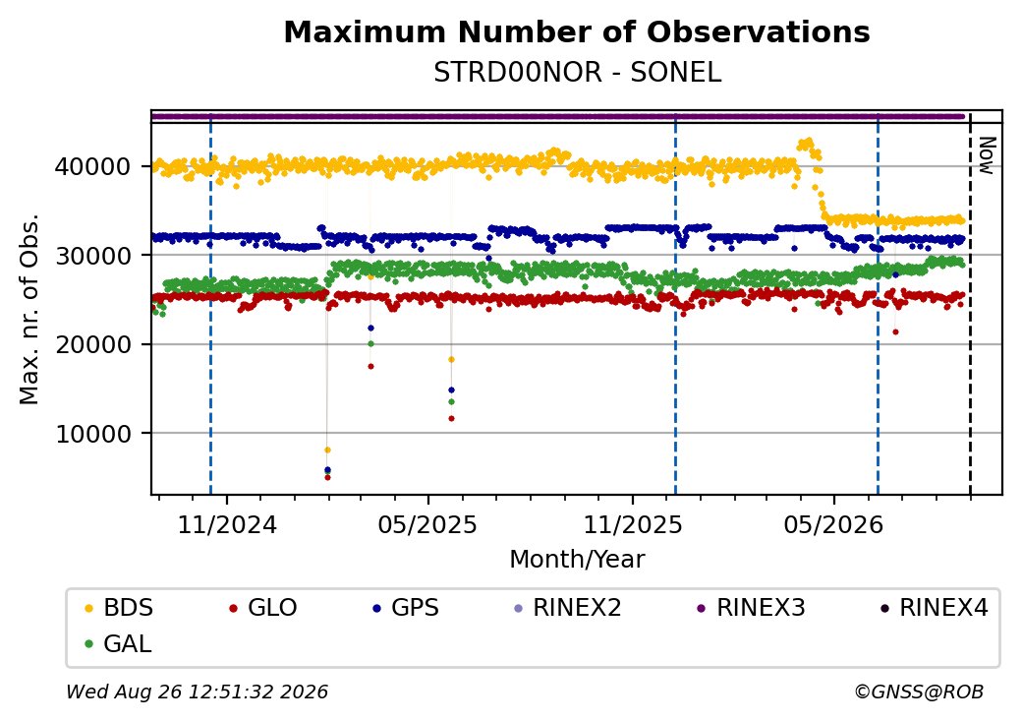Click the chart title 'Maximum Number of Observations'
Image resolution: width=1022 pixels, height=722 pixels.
pos(577,31)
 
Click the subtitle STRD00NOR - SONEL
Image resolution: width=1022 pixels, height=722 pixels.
pos(578,73)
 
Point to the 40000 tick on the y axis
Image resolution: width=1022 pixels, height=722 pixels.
pos(92,166)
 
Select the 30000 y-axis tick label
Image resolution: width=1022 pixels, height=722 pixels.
pos(92,256)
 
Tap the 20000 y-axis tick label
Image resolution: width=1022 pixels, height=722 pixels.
pos(92,344)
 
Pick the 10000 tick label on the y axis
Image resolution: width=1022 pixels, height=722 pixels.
pos(92,434)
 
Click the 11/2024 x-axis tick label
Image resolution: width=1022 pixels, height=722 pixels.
pos(227,524)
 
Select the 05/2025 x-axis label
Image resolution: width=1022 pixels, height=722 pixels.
pos(427,524)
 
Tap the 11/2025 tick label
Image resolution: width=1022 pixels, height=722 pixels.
pos(632,524)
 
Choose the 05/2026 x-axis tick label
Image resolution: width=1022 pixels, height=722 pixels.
pos(833,524)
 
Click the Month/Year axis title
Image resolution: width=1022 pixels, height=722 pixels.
pos(577,559)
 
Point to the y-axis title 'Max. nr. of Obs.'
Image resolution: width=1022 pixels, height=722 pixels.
pos(29,309)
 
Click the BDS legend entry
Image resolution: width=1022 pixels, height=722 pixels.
pos(120,608)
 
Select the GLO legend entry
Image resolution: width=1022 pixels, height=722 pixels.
pos(263,608)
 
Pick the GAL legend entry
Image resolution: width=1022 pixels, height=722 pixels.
pos(119,643)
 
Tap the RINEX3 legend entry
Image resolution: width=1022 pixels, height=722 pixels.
pos(751,608)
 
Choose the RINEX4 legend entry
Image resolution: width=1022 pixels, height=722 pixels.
pos(934,608)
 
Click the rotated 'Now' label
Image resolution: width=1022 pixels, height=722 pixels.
pos(987,155)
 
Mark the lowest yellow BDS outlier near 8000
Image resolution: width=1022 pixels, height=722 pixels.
pos(327,451)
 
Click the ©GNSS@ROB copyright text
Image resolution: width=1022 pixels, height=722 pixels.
pos(919,692)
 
